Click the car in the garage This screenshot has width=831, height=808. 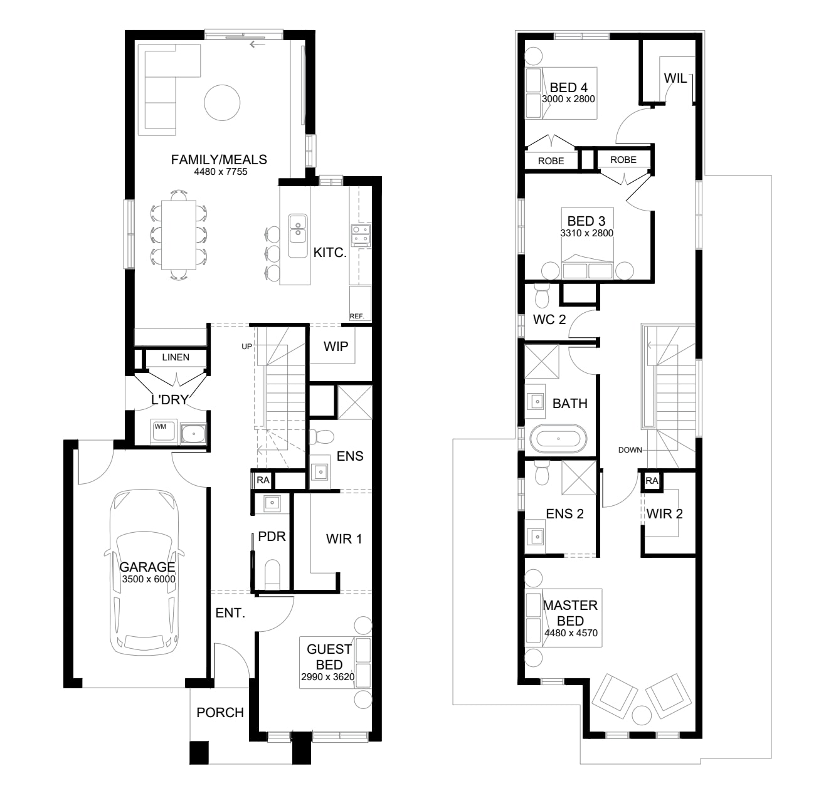(x=144, y=572)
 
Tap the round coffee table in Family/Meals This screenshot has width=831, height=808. (x=222, y=102)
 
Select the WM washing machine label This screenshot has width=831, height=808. (x=160, y=426)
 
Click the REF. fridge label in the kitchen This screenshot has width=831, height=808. (x=357, y=317)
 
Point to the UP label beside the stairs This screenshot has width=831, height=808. (x=247, y=347)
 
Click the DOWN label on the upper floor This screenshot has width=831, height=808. (x=630, y=450)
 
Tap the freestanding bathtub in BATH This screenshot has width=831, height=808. (x=558, y=438)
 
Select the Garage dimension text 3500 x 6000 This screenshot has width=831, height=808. (x=149, y=579)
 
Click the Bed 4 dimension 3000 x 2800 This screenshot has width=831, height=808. (x=568, y=99)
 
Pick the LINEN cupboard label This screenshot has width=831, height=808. (x=176, y=357)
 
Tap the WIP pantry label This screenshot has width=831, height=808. (x=336, y=347)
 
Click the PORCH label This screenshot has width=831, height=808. (x=220, y=712)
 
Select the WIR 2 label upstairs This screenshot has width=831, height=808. (x=664, y=514)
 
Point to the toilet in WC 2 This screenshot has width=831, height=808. (x=542, y=295)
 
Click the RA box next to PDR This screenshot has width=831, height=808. (x=263, y=480)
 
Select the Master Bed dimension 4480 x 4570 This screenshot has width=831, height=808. (x=571, y=633)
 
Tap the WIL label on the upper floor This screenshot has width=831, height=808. (x=675, y=78)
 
